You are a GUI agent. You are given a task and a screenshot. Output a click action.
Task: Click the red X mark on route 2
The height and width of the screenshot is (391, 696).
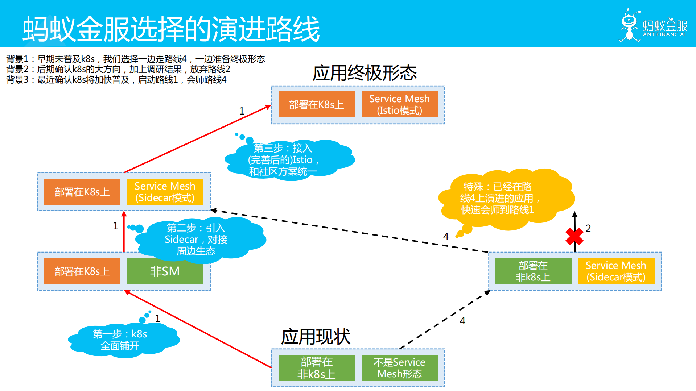pyautogui.click(x=574, y=236)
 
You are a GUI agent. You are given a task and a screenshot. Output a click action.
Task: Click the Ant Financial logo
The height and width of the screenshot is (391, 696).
pyautogui.click(x=653, y=25)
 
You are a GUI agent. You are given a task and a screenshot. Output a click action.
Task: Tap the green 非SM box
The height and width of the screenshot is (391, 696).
pyautogui.click(x=165, y=271)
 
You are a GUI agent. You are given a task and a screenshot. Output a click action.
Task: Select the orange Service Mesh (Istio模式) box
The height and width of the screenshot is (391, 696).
pyautogui.click(x=399, y=104)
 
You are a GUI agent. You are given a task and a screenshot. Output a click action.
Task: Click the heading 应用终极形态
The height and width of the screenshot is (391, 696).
pyautogui.click(x=365, y=73)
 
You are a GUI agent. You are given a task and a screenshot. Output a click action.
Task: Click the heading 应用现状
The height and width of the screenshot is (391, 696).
pyautogui.click(x=316, y=337)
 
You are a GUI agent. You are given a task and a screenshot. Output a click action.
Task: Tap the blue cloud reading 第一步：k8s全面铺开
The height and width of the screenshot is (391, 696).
pyautogui.click(x=120, y=340)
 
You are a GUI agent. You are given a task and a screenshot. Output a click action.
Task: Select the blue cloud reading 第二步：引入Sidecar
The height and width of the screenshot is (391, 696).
pyautogui.click(x=198, y=239)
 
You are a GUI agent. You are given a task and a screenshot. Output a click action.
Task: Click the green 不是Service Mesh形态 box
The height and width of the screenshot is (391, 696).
pyautogui.click(x=399, y=368)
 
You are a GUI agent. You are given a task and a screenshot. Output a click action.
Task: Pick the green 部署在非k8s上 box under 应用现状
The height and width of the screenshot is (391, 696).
pyautogui.click(x=316, y=368)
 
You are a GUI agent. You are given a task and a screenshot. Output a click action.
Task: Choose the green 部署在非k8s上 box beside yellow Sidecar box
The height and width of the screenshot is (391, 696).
pyautogui.click(x=533, y=271)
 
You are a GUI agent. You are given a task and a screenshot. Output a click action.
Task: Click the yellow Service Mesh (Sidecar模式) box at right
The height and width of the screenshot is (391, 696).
pyautogui.click(x=616, y=271)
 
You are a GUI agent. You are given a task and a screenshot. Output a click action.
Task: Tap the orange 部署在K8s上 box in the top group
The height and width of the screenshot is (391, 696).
pyautogui.click(x=316, y=104)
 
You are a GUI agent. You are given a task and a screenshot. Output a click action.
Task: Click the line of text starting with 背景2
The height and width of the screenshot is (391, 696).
pyautogui.click(x=118, y=69)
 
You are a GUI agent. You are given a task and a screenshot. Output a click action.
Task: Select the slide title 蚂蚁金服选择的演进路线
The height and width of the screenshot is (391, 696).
pyautogui.click(x=170, y=29)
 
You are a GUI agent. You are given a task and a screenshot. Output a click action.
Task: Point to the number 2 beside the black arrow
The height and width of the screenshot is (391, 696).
pyautogui.click(x=588, y=228)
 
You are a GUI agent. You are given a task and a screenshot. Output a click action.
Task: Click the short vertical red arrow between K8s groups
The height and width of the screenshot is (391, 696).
pyautogui.click(x=124, y=232)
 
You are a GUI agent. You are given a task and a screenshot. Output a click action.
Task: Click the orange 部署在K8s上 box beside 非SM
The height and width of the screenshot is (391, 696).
pyautogui.click(x=82, y=271)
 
